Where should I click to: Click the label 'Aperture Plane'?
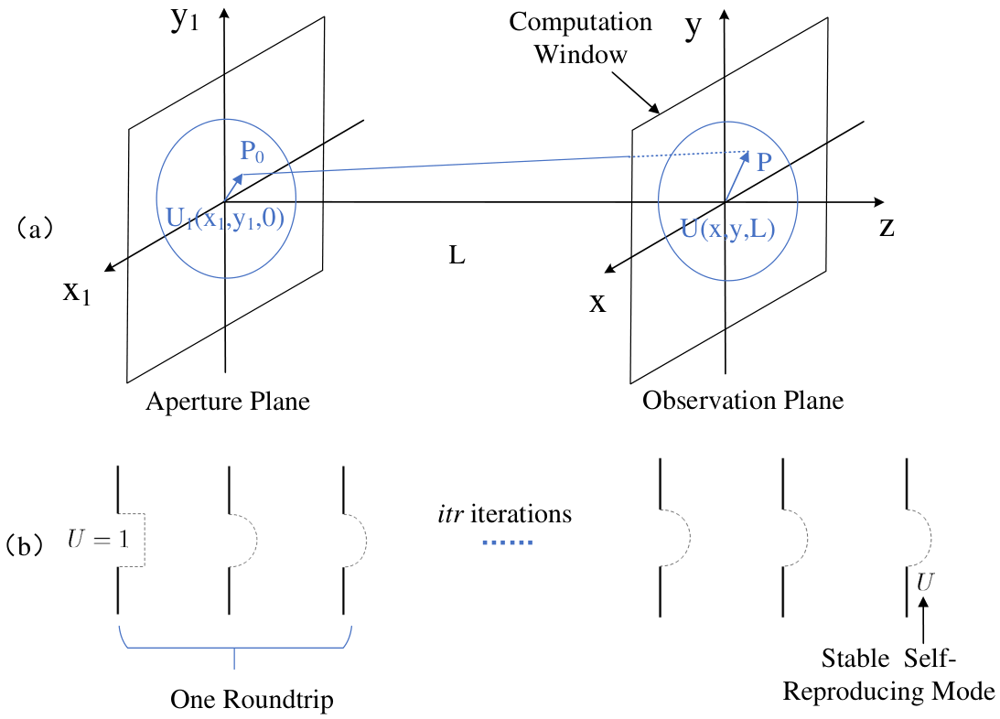228,402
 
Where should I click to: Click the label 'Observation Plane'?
743,401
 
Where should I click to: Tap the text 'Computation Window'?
580,38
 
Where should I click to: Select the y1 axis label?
185,20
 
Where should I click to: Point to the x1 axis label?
77,293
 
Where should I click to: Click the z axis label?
887,227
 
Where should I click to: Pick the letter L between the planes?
457,255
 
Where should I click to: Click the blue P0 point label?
252,152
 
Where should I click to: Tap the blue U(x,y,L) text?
727,228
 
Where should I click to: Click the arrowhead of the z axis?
879,202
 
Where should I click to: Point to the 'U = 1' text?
98,540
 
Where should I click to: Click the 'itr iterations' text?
504,514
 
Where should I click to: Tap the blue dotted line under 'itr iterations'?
508,542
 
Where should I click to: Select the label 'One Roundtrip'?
252,699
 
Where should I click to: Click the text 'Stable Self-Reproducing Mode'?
888,674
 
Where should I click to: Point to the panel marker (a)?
35,228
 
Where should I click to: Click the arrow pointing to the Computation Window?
635,92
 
